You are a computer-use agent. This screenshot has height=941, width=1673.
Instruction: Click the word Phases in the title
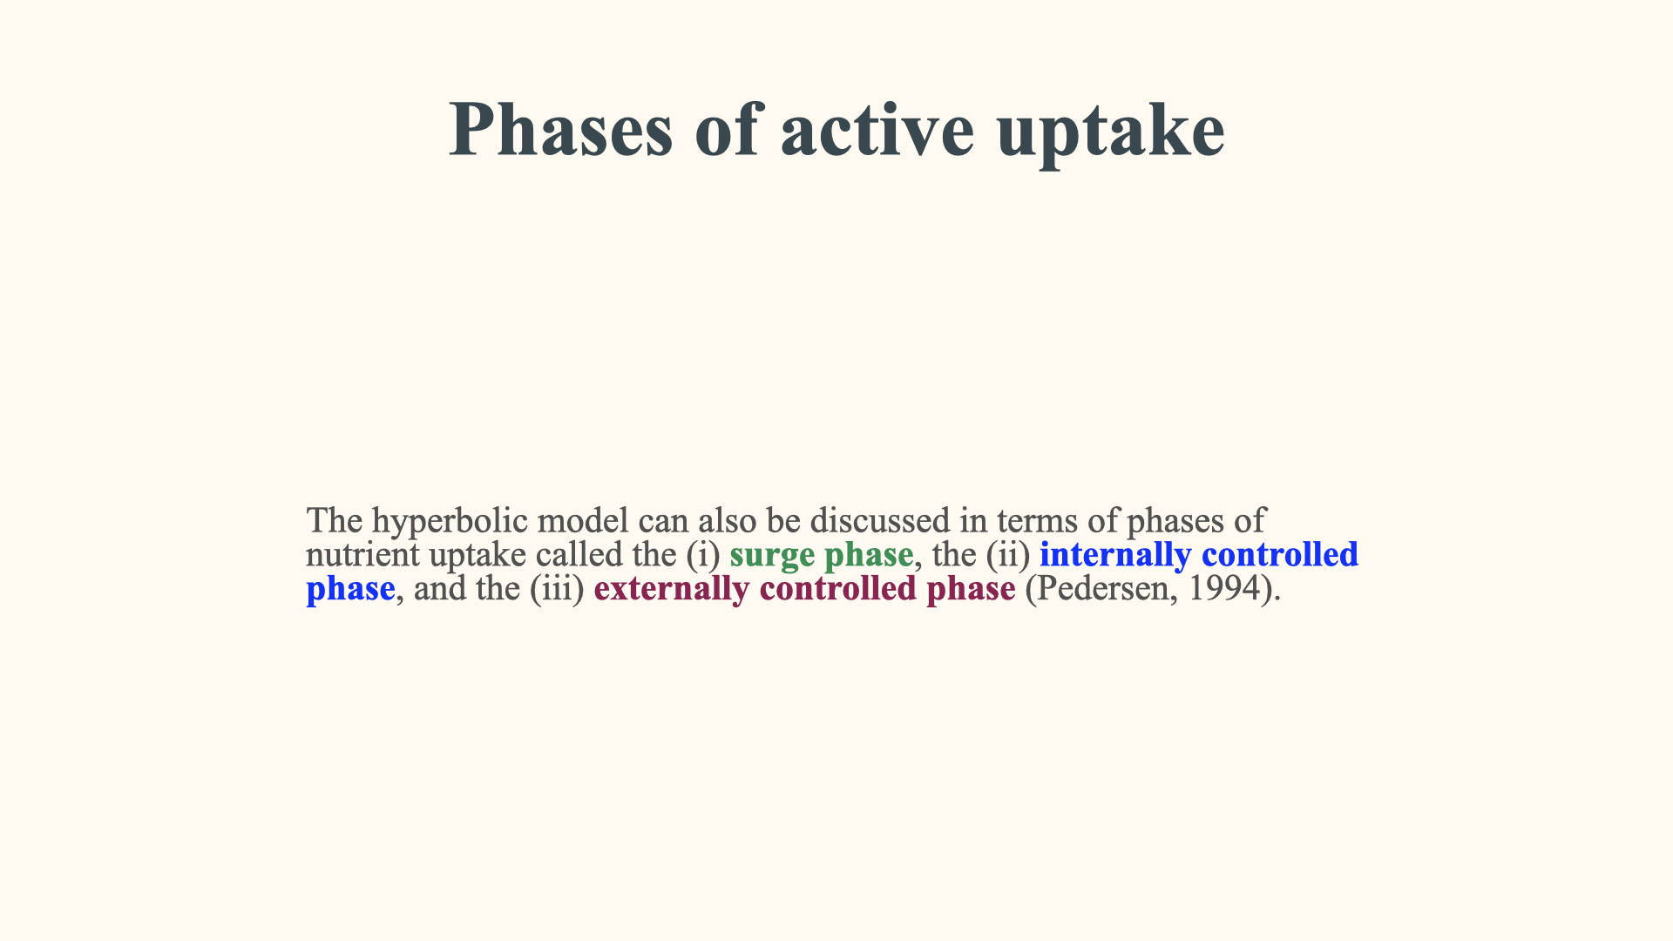(x=561, y=129)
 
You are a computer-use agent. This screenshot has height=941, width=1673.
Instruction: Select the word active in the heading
(x=877, y=129)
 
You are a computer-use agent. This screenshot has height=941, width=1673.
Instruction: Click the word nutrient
(x=362, y=555)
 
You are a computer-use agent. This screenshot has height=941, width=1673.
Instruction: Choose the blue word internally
(x=1115, y=555)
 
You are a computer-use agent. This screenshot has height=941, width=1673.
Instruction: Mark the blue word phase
(x=350, y=589)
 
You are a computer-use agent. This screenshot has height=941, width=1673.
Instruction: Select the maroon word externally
(x=671, y=589)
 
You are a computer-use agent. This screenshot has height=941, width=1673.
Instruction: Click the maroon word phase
(x=971, y=589)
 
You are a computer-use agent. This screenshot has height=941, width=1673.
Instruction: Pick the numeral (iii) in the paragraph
(x=557, y=589)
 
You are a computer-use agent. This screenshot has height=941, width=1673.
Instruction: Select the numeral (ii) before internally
(x=1008, y=555)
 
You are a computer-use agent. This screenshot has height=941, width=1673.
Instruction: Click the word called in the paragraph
(x=579, y=554)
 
